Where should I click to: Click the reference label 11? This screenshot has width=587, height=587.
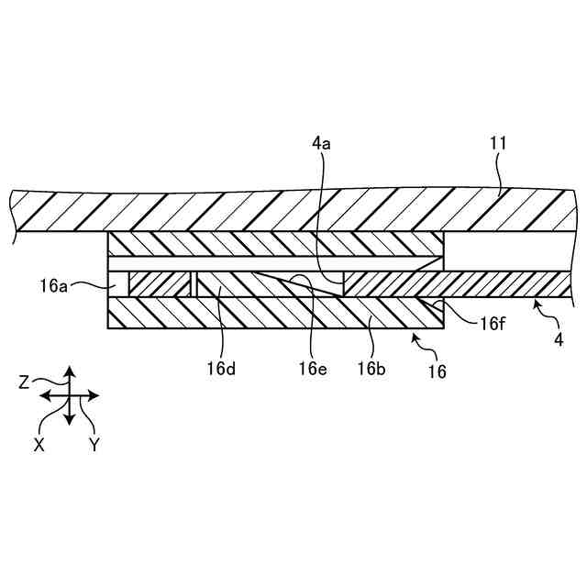499,143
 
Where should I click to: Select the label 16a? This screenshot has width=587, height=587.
54,287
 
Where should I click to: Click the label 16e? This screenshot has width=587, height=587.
312,369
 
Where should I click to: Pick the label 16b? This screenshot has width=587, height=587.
371,369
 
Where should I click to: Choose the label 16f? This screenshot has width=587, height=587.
493,323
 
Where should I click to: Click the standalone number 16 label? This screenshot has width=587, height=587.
437,371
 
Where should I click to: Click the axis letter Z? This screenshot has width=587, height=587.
25,383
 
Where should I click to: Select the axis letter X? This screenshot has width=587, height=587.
39,442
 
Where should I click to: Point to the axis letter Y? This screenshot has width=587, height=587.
94,443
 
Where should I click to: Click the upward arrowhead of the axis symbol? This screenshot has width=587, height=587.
69,371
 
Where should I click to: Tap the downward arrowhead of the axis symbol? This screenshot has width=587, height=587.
69,420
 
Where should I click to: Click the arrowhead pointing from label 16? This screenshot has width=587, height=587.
415,338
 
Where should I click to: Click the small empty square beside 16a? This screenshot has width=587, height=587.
118,284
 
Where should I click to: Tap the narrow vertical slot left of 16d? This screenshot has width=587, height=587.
194,284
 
